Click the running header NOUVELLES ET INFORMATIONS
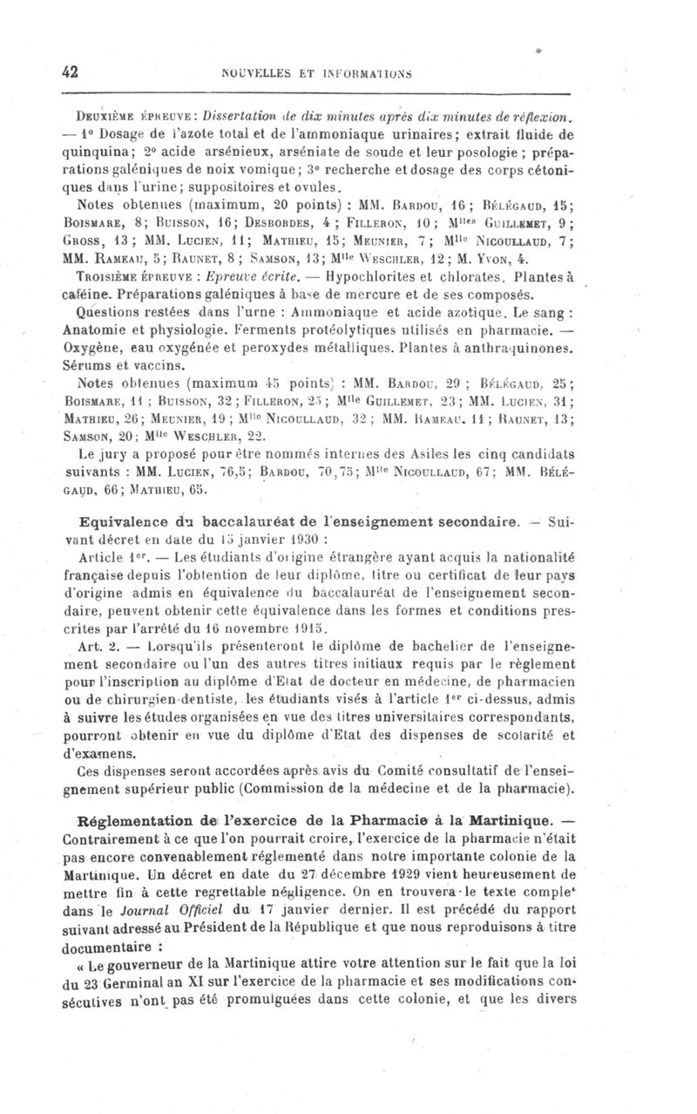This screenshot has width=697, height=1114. (348, 74)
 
